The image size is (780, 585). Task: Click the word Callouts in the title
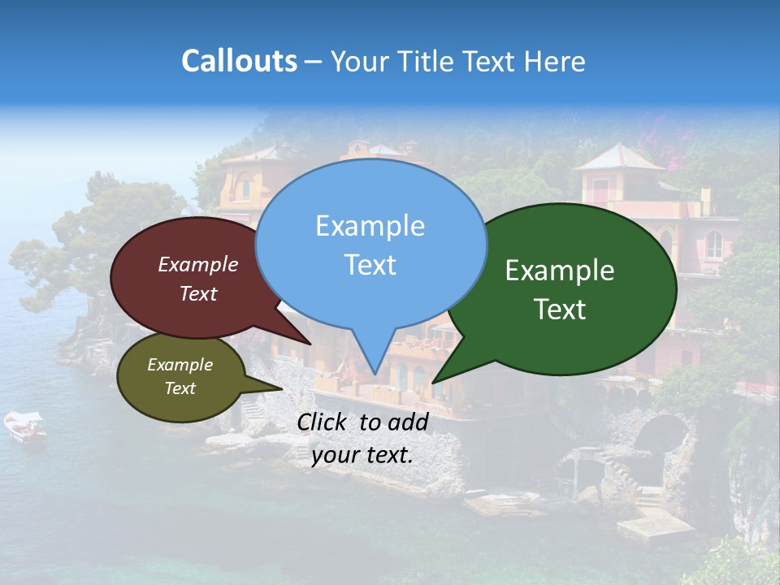239,61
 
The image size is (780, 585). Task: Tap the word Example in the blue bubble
370,226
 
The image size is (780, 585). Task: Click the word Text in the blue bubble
370,265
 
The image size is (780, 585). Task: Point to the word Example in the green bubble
560,271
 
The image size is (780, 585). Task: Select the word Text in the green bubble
560,310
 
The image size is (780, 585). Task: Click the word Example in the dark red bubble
198,264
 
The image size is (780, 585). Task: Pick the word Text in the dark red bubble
198,293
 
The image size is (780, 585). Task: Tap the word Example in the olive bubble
180,365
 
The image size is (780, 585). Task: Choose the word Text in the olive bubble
180,388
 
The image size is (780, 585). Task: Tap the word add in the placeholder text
408,422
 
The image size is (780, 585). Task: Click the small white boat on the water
24,426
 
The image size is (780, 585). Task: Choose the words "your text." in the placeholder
362,455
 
